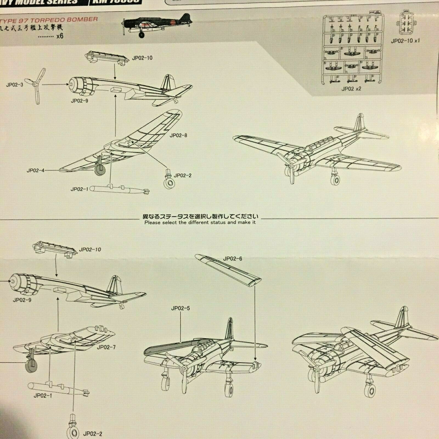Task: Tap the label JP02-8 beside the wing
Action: click(178, 135)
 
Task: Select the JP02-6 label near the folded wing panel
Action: click(232, 258)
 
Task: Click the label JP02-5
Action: click(180, 308)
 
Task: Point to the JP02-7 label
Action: click(106, 347)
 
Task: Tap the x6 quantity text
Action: click(60, 36)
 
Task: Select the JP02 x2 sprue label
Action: click(351, 89)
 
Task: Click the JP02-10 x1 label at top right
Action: click(405, 41)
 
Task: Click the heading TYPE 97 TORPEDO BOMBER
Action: click(49, 20)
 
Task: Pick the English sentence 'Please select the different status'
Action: click(200, 222)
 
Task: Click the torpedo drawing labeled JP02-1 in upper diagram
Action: click(119, 190)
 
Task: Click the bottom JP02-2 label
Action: click(92, 434)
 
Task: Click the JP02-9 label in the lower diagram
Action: click(22, 300)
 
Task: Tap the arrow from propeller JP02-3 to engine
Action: click(55, 85)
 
